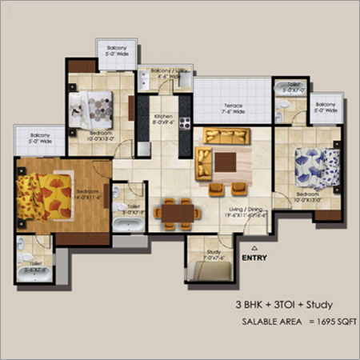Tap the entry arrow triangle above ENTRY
click(x=254, y=246)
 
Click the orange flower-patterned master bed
click(x=48, y=191)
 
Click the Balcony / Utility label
click(x=163, y=73)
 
